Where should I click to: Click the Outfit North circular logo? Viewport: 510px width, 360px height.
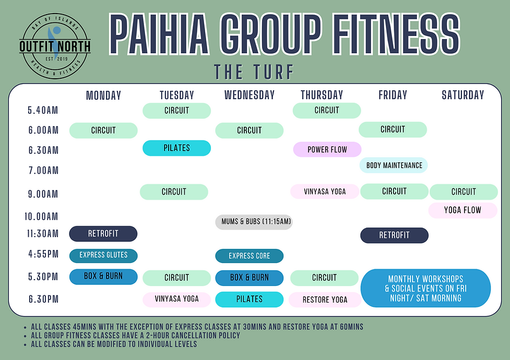click(x=55, y=46)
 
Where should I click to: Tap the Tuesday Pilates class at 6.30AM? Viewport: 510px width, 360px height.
click(x=176, y=148)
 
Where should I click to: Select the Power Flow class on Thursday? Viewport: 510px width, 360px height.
click(x=327, y=150)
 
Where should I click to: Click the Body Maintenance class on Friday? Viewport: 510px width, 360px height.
click(x=394, y=165)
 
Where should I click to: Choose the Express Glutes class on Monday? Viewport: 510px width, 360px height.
click(x=103, y=255)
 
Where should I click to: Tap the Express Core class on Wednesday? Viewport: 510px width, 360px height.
click(x=250, y=256)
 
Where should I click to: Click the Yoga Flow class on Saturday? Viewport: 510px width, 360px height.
click(x=462, y=211)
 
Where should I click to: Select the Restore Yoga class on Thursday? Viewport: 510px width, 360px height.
click(x=325, y=300)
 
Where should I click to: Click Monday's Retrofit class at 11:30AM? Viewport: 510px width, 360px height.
click(x=103, y=234)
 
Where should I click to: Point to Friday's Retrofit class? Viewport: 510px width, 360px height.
click(x=394, y=235)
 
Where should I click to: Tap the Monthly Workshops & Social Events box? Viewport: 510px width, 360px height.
click(x=426, y=288)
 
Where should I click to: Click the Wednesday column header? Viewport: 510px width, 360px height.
click(x=250, y=95)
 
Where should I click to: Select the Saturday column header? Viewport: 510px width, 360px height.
click(x=462, y=95)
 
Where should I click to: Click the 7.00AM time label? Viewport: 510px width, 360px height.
click(x=43, y=170)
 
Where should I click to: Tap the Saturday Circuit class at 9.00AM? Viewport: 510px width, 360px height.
click(x=464, y=192)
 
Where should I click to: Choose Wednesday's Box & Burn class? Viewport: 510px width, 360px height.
click(x=250, y=278)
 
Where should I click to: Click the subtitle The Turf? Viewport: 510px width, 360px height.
click(x=254, y=71)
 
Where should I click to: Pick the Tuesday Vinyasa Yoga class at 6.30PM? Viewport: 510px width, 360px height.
click(x=176, y=299)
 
